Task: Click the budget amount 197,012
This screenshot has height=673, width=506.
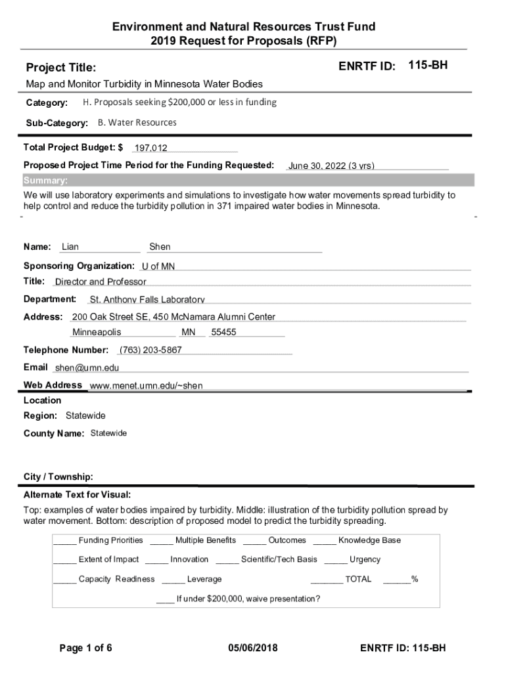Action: point(150,149)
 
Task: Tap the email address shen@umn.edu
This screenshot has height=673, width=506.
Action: point(87,368)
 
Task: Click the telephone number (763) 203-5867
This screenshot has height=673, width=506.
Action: point(150,350)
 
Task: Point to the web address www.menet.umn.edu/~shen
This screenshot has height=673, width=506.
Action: point(146,386)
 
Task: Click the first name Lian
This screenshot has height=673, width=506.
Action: point(70,247)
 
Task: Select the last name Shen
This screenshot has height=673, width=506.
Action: point(160,247)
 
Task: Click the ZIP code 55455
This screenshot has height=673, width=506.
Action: point(223,333)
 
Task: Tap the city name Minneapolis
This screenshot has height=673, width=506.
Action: point(97,333)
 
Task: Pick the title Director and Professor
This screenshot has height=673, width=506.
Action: point(101,282)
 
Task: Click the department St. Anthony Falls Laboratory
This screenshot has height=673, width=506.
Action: point(147,300)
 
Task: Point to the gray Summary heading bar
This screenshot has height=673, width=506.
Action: point(248,181)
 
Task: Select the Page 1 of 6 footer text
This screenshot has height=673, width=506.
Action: point(86,649)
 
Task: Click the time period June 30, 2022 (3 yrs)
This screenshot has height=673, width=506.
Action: point(331,166)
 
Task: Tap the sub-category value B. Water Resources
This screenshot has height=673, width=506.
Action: point(137,122)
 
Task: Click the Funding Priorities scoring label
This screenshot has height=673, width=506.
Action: point(110,540)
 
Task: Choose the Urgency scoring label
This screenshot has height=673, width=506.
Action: point(365,559)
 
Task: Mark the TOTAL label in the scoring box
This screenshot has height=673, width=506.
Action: point(358,579)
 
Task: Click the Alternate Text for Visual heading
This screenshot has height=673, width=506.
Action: point(78,494)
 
